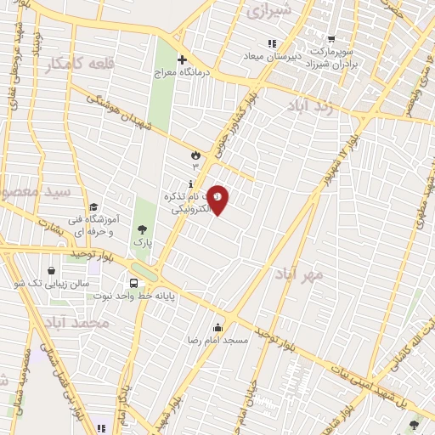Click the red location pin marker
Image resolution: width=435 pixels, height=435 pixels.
[x=218, y=199]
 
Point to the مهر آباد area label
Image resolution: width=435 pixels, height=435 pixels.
[x=300, y=274]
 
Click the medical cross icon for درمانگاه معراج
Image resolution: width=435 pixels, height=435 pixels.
[x=181, y=59]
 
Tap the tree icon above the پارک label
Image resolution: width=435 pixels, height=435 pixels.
[x=142, y=229]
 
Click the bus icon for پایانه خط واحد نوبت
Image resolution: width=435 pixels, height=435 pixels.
[x=134, y=284]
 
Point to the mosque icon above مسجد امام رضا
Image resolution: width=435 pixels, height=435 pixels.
[x=218, y=328]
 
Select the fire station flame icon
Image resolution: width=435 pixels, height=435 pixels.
[x=196, y=155]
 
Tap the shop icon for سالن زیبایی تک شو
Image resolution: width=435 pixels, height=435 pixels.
[x=53, y=269]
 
